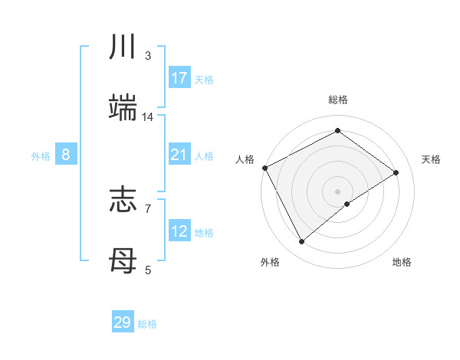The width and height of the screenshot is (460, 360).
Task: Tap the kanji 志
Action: [123, 200]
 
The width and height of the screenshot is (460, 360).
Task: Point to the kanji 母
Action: [123, 261]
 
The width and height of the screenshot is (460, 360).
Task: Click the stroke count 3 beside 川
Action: [148, 56]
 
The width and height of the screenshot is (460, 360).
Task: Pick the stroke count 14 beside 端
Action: [148, 117]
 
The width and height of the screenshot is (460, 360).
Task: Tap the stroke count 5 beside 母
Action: [148, 270]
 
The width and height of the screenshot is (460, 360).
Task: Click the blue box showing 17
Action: [179, 78]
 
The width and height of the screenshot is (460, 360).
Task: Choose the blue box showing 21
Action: [179, 155]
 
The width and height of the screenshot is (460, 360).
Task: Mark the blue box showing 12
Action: [179, 232]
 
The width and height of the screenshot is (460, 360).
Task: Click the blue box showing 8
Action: [66, 155]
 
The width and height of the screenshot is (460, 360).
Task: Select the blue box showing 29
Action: [123, 322]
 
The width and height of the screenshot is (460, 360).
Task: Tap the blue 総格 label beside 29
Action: [148, 324]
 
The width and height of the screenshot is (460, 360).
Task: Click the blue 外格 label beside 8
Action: [41, 156]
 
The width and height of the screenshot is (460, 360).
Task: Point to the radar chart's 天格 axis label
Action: [432, 159]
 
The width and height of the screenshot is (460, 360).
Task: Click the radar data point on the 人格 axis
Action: [264, 168]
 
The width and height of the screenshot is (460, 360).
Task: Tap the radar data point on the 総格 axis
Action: [337, 131]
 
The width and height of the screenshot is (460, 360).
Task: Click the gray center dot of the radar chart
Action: [337, 191]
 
